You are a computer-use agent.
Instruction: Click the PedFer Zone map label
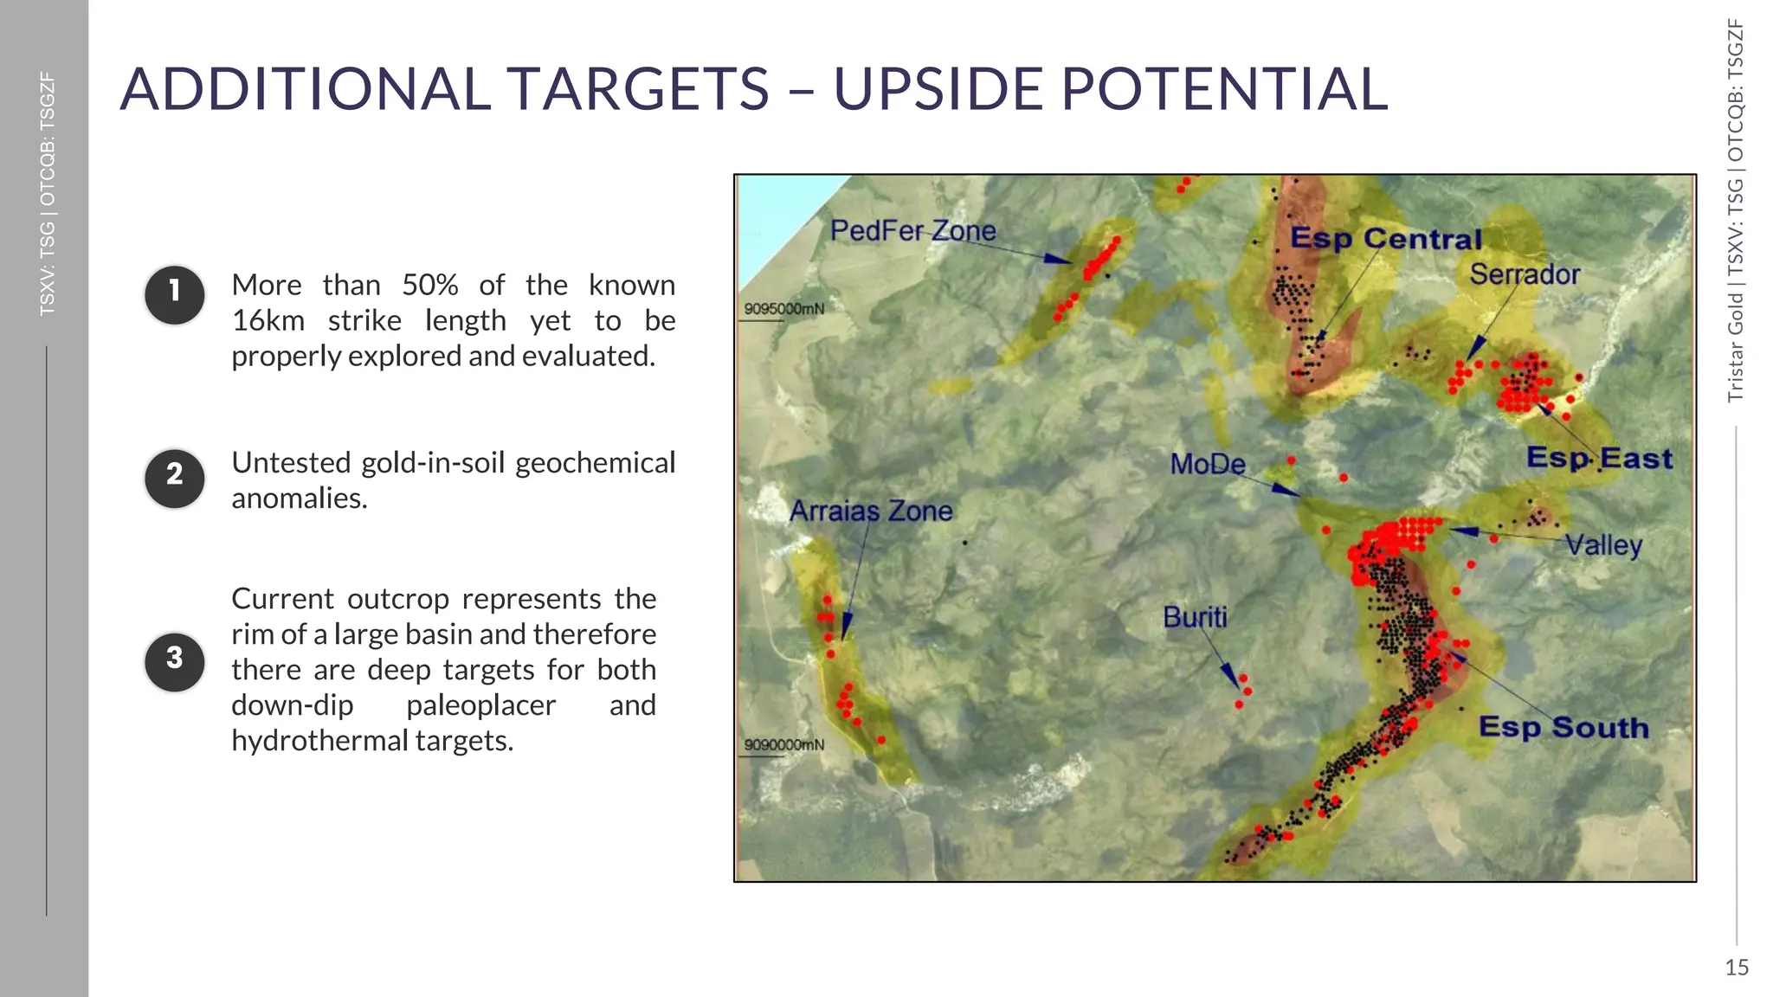[x=912, y=230]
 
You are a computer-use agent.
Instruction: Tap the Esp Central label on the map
[x=1386, y=238]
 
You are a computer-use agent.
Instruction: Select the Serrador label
[x=1525, y=274]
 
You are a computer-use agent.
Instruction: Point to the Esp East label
[x=1598, y=458]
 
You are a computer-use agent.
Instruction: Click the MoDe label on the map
[x=1208, y=464]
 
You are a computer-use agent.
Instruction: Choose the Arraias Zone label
[x=871, y=511]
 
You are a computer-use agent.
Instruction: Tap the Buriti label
[x=1195, y=617]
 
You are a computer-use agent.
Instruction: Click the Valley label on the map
[x=1603, y=545]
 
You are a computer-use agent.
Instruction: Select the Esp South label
[x=1563, y=727]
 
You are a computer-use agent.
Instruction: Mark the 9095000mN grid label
[x=784, y=309]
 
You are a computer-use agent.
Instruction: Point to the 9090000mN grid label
[x=784, y=744]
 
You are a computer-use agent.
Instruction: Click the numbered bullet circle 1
[x=175, y=294]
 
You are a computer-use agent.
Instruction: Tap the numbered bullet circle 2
[x=175, y=478]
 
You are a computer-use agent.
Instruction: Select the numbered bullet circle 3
[x=175, y=661]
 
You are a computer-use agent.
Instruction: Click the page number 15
[x=1736, y=968]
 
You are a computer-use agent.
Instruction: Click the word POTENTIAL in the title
[x=1224, y=89]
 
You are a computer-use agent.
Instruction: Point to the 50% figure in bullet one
[x=429, y=285]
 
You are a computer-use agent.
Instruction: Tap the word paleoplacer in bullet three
[x=480, y=705]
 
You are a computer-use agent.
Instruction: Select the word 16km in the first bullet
[x=268, y=320]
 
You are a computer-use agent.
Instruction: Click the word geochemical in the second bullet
[x=595, y=463]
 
